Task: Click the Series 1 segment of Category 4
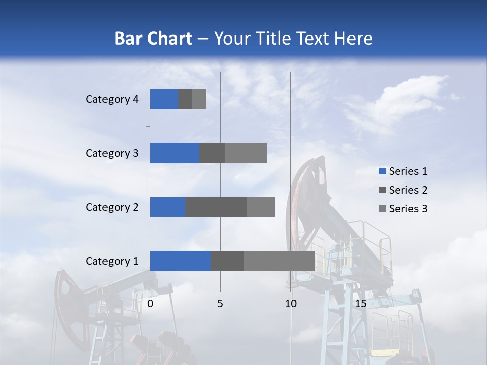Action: click(x=164, y=99)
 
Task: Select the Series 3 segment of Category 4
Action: click(x=199, y=99)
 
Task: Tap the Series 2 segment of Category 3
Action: click(x=212, y=153)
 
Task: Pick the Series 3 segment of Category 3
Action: click(x=246, y=153)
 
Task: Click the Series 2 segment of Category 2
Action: click(x=216, y=207)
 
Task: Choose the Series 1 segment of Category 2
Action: click(x=167, y=207)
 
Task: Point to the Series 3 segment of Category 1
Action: click(x=279, y=261)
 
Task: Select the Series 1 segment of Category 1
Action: click(x=180, y=261)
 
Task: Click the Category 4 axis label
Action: click(x=112, y=99)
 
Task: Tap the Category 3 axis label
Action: click(x=112, y=153)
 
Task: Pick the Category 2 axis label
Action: click(x=112, y=207)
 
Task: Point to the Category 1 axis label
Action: click(x=112, y=261)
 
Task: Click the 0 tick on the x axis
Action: click(x=150, y=304)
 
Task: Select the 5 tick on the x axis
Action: click(x=220, y=304)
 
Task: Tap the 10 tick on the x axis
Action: click(x=290, y=304)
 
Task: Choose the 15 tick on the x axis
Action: click(x=361, y=304)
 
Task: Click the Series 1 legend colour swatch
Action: click(x=382, y=171)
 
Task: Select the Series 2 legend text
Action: click(x=408, y=190)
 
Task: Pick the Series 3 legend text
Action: click(x=408, y=209)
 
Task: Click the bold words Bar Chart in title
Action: click(x=153, y=39)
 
